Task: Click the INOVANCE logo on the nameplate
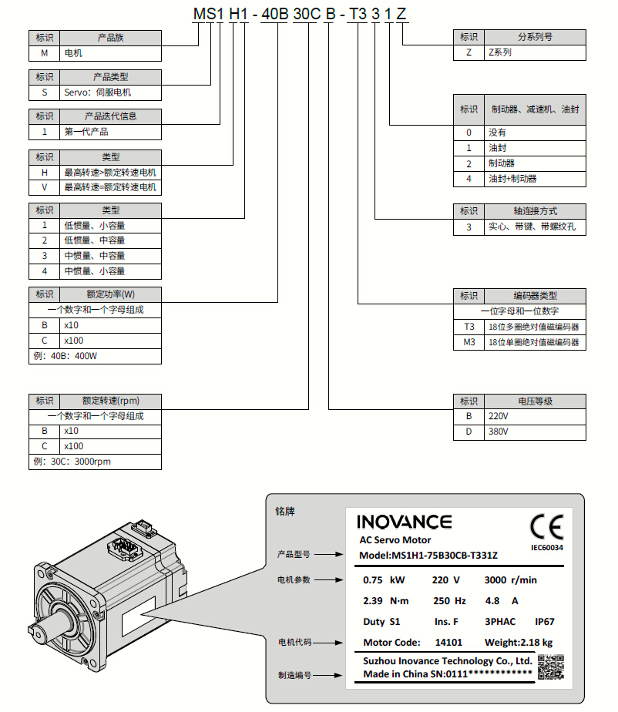click(405, 522)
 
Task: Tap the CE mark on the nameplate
click(546, 527)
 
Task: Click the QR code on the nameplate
click(550, 667)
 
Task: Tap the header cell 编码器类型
click(535, 295)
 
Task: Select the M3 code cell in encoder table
click(469, 342)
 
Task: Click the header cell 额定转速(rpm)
click(110, 401)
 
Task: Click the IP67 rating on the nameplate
click(545, 621)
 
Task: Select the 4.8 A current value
click(504, 601)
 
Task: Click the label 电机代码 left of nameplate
click(294, 641)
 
